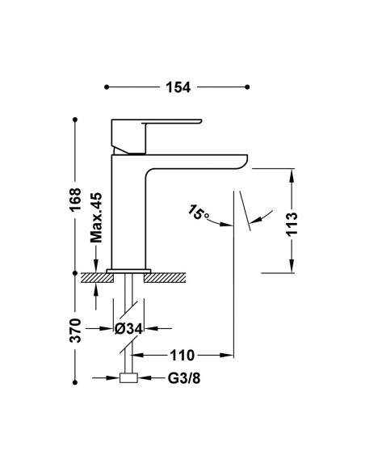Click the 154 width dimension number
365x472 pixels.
[178, 87]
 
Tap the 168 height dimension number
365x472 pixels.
[75, 199]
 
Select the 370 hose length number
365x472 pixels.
[75, 331]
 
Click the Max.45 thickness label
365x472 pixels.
[96, 217]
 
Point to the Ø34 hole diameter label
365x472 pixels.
[128, 329]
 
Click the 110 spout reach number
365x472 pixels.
[182, 356]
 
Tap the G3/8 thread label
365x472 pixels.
[184, 378]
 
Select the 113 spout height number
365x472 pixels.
[292, 224]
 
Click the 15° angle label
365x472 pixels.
[198, 212]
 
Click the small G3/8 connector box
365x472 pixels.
[128, 377]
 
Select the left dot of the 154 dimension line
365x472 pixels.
[107, 87]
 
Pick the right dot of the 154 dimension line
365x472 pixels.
[247, 87]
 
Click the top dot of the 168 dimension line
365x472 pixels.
[75, 120]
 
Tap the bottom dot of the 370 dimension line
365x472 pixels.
[75, 382]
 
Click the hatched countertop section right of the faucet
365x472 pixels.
[165, 277]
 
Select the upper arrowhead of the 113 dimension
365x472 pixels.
[292, 175]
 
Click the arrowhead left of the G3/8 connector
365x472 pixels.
[113, 377]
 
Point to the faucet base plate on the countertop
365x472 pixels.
[128, 271]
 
